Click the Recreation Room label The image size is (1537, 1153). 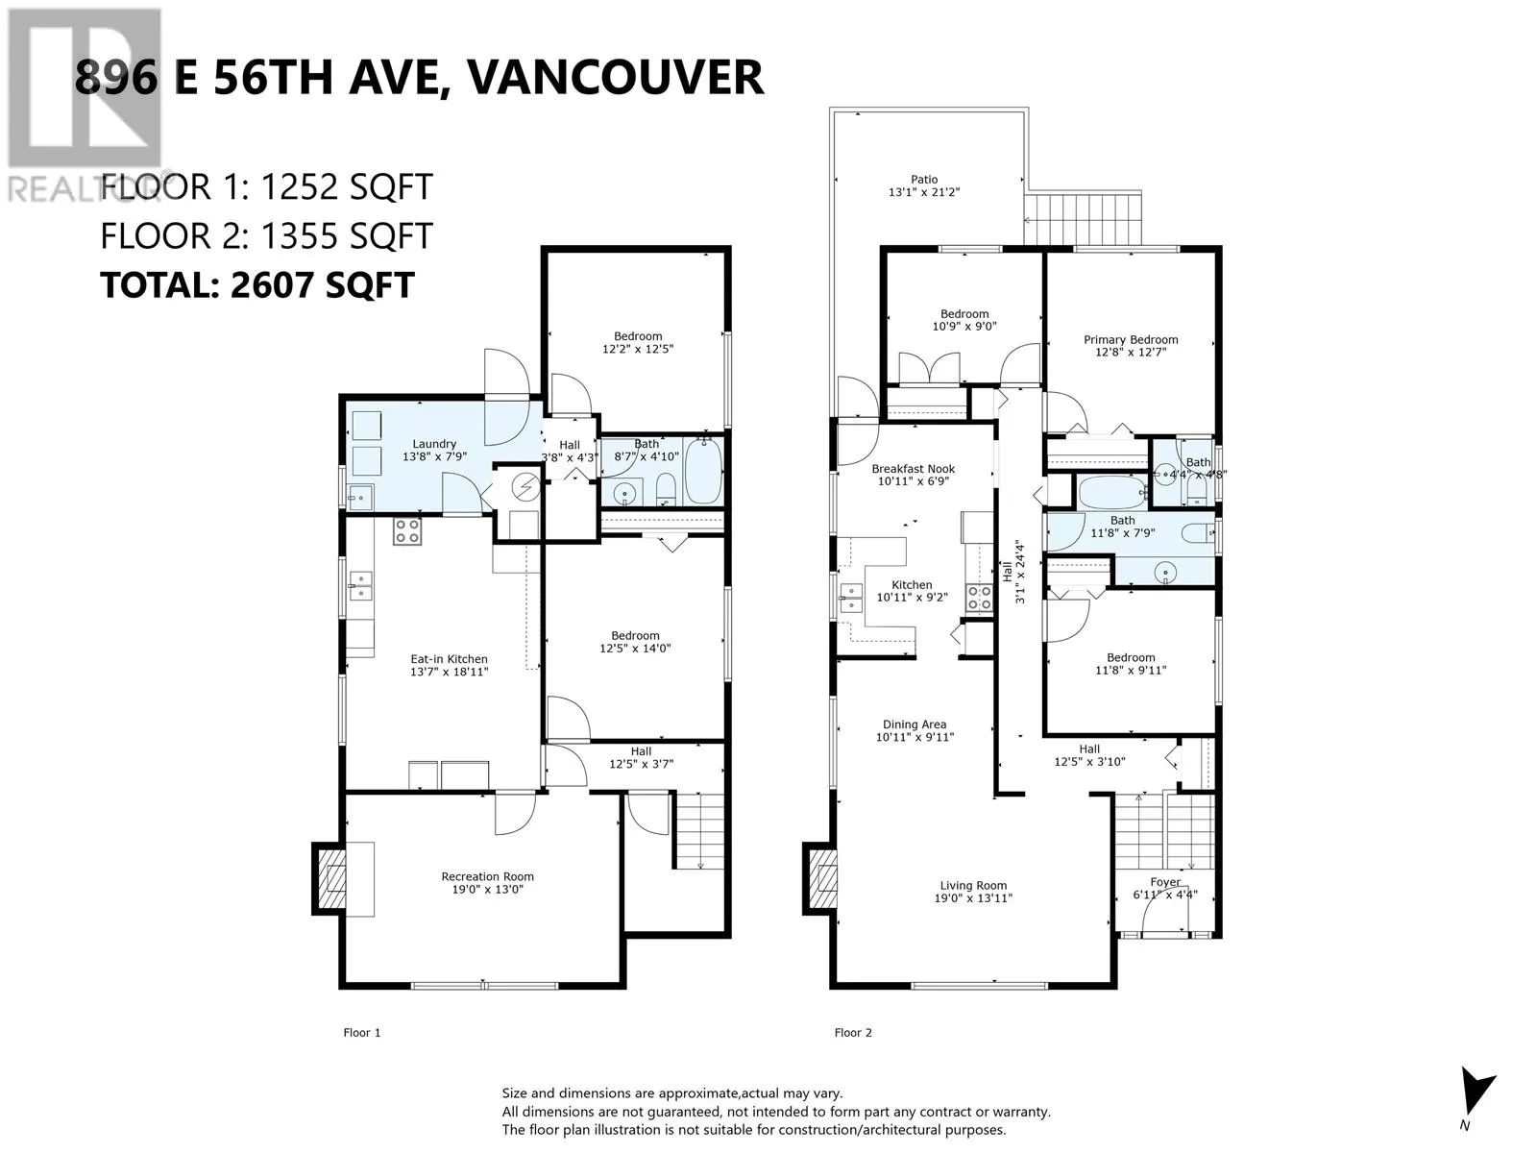(487, 876)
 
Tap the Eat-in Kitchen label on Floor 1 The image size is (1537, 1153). (449, 659)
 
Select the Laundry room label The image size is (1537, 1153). (434, 444)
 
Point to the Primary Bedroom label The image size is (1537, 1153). (1131, 340)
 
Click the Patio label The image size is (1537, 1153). (924, 180)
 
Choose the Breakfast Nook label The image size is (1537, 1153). (914, 469)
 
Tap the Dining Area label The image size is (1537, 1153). (915, 724)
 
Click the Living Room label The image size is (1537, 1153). (973, 886)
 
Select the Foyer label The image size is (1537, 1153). (1165, 882)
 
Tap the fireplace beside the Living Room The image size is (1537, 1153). (821, 878)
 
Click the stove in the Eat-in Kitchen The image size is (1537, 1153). (407, 531)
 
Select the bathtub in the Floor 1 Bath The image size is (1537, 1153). (702, 470)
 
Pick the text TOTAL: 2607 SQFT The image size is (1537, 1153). (257, 285)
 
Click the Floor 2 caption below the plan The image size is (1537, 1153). (853, 1033)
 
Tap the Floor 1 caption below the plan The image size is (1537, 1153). (362, 1033)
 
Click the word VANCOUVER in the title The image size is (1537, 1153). (616, 77)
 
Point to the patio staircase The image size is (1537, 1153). (1083, 219)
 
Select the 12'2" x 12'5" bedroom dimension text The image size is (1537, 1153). (638, 349)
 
